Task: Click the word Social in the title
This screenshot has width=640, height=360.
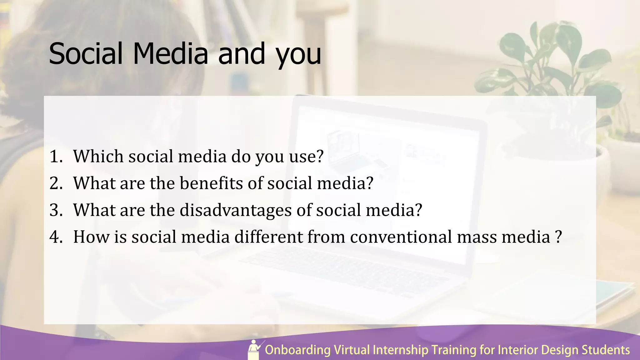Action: point(86,54)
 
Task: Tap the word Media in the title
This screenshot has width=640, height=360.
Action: point(171,54)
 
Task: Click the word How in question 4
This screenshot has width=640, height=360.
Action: point(91,237)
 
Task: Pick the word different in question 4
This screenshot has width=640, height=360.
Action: point(268,237)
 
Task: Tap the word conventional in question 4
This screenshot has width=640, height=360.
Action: point(401,237)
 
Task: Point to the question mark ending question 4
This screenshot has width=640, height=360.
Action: point(559,237)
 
